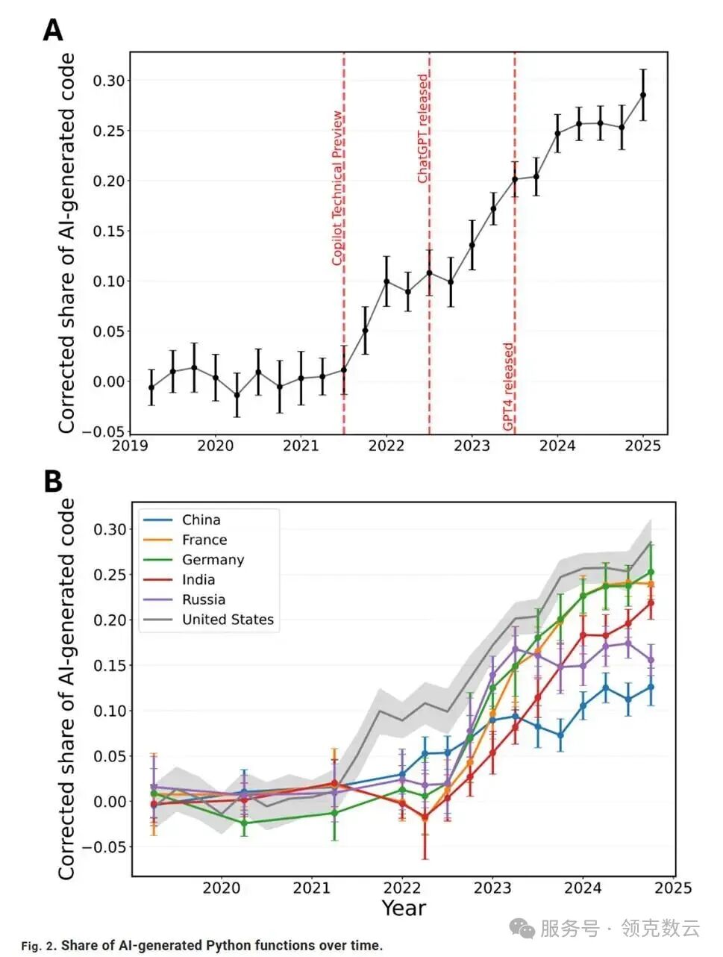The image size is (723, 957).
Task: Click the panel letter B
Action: (53, 481)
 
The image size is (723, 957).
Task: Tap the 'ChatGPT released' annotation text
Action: (423, 128)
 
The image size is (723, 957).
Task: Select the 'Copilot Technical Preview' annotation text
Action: (337, 188)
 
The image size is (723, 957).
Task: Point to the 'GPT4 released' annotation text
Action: (508, 387)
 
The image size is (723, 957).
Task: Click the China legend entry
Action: (201, 520)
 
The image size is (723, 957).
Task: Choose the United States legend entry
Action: (227, 620)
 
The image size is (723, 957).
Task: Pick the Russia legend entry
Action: (203, 599)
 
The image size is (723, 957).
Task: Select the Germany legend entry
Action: (213, 560)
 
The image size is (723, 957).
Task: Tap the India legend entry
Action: (198, 580)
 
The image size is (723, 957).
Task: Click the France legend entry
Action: (204, 540)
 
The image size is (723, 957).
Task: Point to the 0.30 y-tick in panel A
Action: (109, 81)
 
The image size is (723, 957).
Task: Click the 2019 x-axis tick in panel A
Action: (130, 446)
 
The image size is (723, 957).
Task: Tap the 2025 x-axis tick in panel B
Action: (673, 888)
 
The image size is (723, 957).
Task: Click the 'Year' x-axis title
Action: (404, 908)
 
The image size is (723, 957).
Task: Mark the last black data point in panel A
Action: (643, 95)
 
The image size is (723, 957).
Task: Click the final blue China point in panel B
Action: (651, 687)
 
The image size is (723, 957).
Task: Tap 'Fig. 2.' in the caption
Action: (39, 946)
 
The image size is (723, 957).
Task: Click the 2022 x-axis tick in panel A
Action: (386, 446)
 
